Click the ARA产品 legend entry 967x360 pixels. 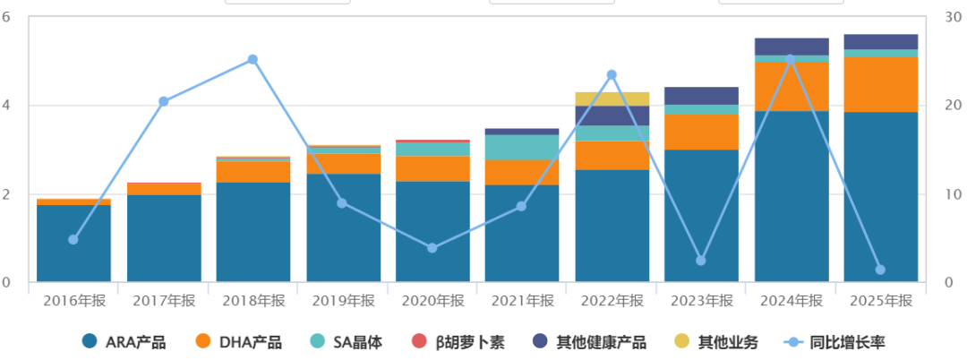click(x=124, y=341)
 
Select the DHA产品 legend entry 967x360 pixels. click(x=239, y=341)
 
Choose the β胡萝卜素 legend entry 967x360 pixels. click(x=458, y=341)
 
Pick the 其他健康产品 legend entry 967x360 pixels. click(x=589, y=341)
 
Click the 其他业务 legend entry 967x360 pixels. click(x=716, y=341)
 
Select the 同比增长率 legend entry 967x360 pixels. click(x=835, y=341)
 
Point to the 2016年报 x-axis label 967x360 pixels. click(x=74, y=301)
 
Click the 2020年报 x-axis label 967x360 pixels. click(x=433, y=301)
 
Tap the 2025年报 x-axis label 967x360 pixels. click(x=881, y=301)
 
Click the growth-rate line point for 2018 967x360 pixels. click(x=252, y=59)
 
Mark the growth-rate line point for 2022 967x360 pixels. click(x=612, y=74)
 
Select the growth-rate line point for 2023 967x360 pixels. click(x=700, y=260)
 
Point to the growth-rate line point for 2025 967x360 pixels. click(x=881, y=270)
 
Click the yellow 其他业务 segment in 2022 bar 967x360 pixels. click(x=612, y=99)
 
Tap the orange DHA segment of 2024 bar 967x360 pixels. click(x=792, y=86)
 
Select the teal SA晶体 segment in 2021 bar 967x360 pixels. click(x=522, y=147)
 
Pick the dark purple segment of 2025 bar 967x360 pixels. click(x=881, y=41)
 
